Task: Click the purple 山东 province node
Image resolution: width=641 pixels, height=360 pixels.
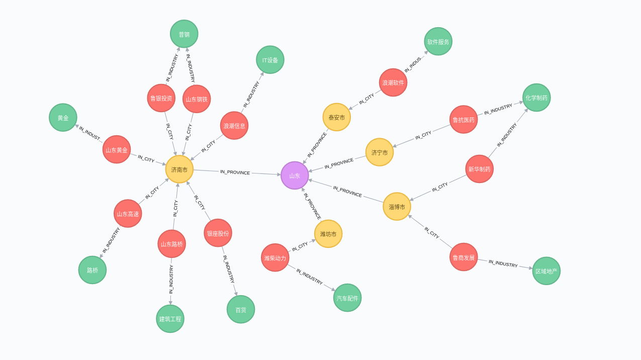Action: [295, 175]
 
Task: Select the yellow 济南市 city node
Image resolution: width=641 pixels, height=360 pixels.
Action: [179, 169]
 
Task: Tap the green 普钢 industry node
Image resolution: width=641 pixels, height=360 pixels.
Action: [184, 34]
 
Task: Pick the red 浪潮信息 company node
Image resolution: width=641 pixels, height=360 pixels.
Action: [234, 126]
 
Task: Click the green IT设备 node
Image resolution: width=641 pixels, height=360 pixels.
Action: [270, 60]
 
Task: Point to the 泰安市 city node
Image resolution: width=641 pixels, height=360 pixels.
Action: [336, 117]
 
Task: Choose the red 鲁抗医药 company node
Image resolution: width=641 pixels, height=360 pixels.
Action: [464, 120]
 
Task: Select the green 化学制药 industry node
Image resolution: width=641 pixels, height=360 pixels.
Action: [536, 98]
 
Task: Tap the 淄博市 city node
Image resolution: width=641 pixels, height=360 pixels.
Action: [397, 207]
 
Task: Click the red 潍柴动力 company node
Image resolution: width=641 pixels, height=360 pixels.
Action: [275, 257]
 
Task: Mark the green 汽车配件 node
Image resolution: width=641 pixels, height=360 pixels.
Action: [347, 298]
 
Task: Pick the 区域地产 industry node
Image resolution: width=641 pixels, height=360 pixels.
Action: [546, 271]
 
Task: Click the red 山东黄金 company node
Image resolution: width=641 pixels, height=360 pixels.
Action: [117, 149]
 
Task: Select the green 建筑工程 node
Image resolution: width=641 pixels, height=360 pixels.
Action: [170, 319]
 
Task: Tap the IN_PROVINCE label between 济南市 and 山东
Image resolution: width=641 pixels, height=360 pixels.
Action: [235, 172]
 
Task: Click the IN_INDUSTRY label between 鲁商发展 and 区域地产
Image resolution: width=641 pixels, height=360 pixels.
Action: [503, 263]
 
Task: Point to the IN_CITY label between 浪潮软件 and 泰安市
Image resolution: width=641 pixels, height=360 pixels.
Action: [367, 99]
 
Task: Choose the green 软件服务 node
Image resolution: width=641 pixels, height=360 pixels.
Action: [438, 42]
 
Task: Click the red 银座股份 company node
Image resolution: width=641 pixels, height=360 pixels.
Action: [218, 233]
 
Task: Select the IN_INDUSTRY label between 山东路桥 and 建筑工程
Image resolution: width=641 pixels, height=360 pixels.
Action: [171, 280]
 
